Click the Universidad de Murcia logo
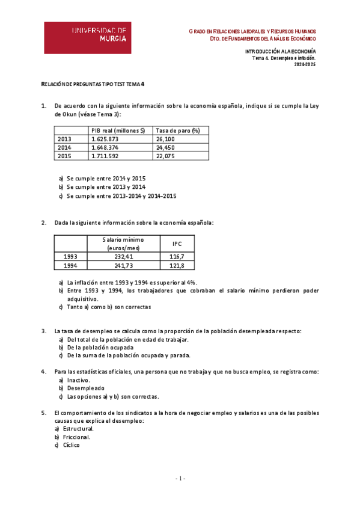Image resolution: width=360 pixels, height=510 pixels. tap(87, 37)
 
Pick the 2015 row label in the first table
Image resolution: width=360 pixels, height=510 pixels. tap(64, 156)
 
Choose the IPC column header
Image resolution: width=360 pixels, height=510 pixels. tap(177, 244)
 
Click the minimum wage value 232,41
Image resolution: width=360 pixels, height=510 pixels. tap(123, 256)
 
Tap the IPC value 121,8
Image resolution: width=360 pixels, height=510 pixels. tap(177, 265)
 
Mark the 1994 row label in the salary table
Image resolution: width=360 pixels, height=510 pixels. tap(70, 265)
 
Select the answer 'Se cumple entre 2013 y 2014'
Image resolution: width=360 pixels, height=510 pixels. tap(106, 187)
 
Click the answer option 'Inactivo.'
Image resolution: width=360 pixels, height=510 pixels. tap(78, 380)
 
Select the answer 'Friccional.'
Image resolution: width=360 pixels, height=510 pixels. tap(79, 437)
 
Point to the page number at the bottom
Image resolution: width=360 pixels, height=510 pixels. tap(180, 478)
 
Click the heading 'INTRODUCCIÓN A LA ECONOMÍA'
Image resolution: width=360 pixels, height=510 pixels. tap(280, 52)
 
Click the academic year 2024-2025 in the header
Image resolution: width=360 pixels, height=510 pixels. tap(304, 64)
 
